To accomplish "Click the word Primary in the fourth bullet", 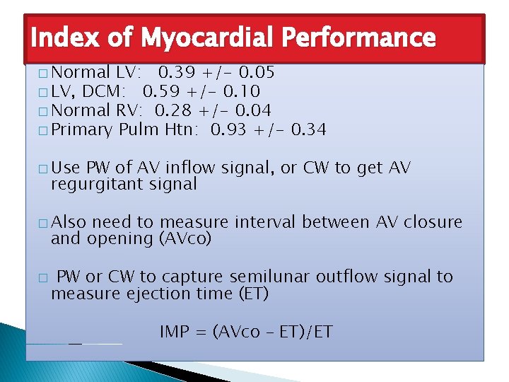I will (x=82, y=129).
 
